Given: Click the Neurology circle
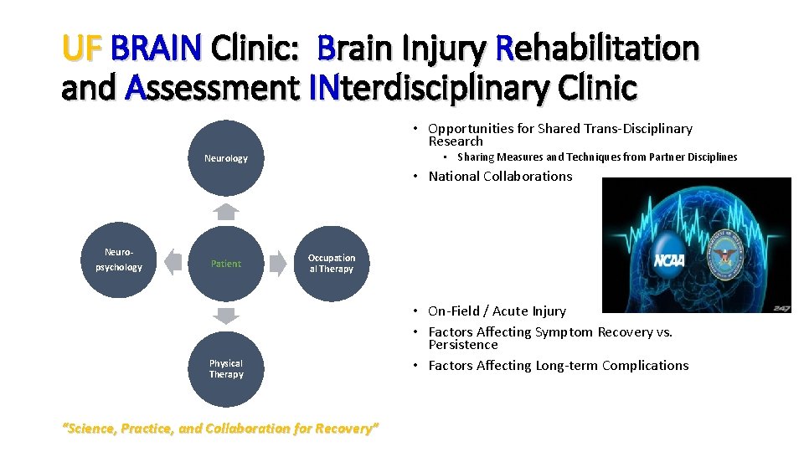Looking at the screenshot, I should pyautogui.click(x=226, y=158).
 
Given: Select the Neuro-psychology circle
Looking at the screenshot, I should pyautogui.click(x=119, y=260).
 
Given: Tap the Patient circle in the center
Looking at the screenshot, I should pyautogui.click(x=226, y=264).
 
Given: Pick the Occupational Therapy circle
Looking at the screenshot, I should pyautogui.click(x=332, y=264).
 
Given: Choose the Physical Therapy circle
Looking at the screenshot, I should pyautogui.click(x=226, y=369).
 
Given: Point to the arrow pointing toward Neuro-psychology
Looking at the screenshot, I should pyautogui.click(x=172, y=262).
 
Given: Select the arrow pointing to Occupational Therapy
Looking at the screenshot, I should pyautogui.click(x=280, y=262).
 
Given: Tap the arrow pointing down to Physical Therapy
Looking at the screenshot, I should pyautogui.click(x=225, y=316).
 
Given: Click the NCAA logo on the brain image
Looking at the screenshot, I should pyautogui.click(x=669, y=260).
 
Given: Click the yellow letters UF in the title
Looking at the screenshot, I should pyautogui.click(x=81, y=49).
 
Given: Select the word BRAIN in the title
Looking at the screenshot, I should pyautogui.click(x=156, y=49).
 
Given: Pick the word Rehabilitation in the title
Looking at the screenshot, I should pyautogui.click(x=597, y=49).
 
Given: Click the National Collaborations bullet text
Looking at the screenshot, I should pyautogui.click(x=500, y=176).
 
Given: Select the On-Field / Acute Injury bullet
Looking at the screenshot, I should pyautogui.click(x=497, y=311).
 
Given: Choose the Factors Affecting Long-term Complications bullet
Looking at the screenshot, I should pyautogui.click(x=558, y=365).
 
